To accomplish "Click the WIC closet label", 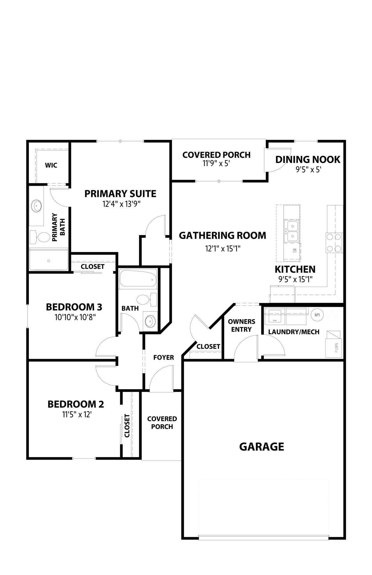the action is click(x=51, y=165).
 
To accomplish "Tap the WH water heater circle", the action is click(x=317, y=315).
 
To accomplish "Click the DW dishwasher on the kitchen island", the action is click(x=295, y=250).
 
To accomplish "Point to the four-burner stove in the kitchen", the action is click(x=334, y=243).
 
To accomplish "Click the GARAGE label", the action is click(x=262, y=446).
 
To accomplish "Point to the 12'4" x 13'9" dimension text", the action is click(x=121, y=204).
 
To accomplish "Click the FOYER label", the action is click(x=164, y=357).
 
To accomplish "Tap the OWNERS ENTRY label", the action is click(x=241, y=325).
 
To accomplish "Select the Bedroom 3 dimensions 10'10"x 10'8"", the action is click(x=75, y=317).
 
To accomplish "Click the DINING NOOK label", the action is click(x=308, y=159).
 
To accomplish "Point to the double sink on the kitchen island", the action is click(x=292, y=231).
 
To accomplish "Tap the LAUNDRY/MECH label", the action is click(x=294, y=332).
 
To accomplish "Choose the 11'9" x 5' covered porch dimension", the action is click(x=216, y=163).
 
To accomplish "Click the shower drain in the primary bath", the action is click(x=49, y=261).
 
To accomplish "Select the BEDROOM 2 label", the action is click(x=76, y=404).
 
